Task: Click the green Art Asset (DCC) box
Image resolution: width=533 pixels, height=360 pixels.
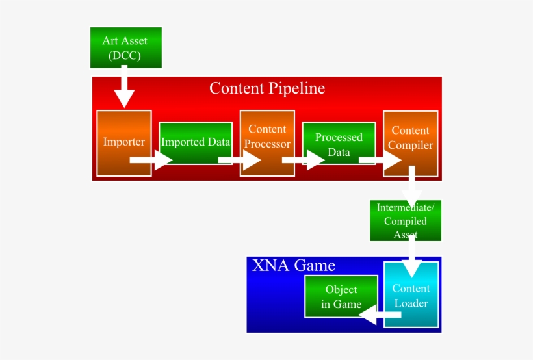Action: coord(125,47)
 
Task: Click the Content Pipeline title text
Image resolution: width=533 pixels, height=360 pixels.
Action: coord(266,88)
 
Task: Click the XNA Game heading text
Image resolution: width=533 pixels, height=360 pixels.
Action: coord(293,265)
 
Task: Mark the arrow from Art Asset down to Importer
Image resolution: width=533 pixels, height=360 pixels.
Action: coord(123,90)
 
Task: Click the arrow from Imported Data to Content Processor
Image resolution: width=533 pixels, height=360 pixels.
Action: coord(239,159)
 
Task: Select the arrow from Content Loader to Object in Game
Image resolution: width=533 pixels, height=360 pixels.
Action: coord(380,316)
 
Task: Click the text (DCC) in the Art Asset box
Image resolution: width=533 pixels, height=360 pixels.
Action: coord(125,56)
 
